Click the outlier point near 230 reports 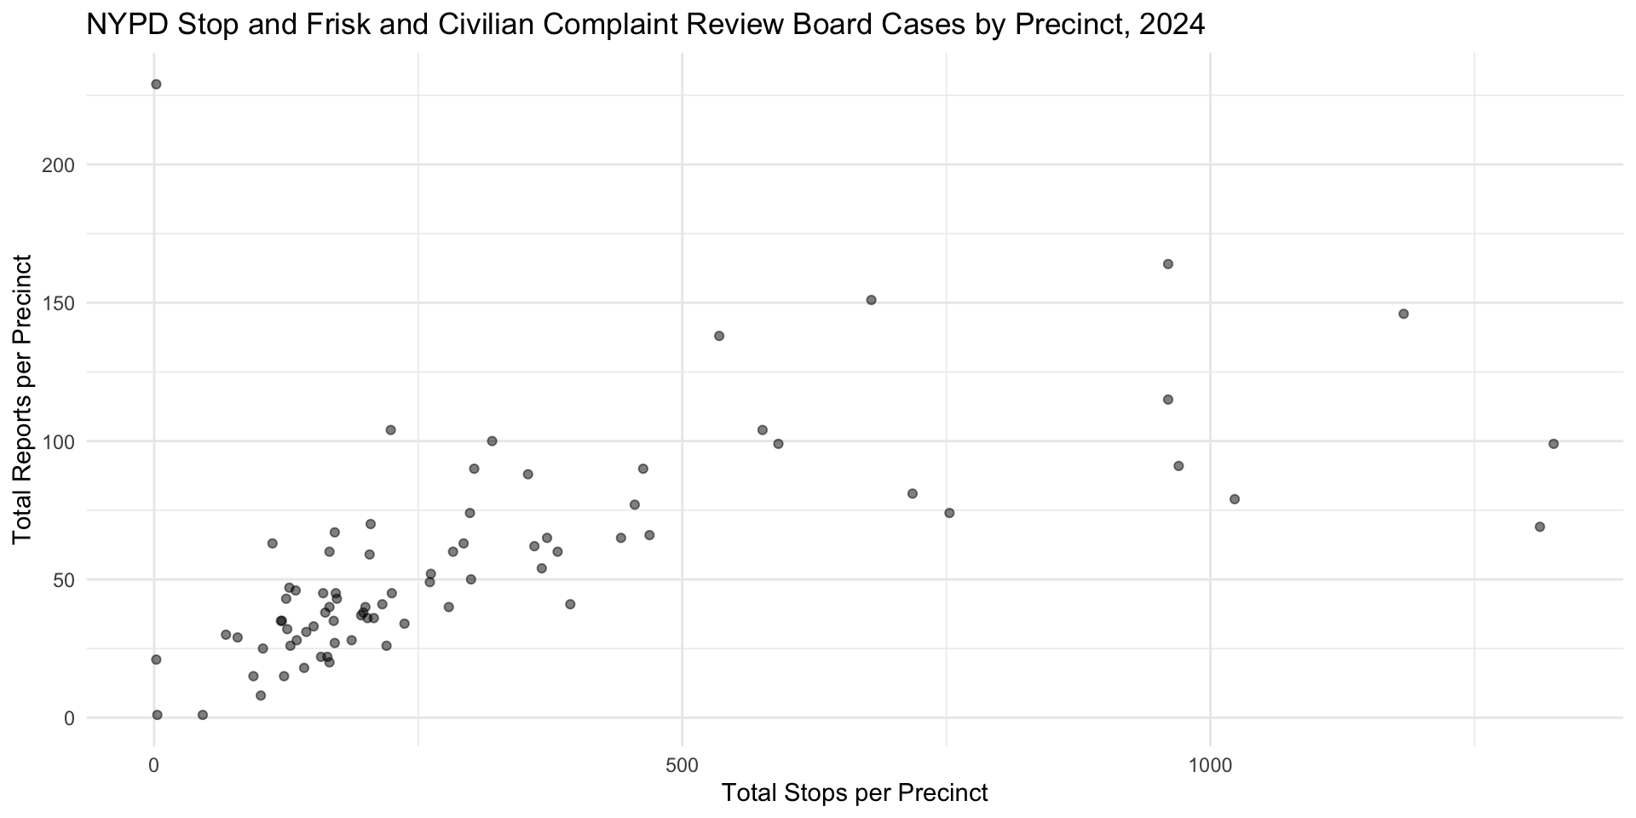pos(156,84)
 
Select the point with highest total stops pos(1553,444)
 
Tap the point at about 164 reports pos(1168,264)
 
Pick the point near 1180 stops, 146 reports pos(1403,314)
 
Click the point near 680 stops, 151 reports pos(871,300)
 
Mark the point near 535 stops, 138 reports pos(719,336)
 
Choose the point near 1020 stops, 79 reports pos(1234,499)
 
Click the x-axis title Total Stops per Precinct pos(854,793)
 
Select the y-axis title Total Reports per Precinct pos(23,399)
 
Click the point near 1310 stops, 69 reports pos(1540,527)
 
